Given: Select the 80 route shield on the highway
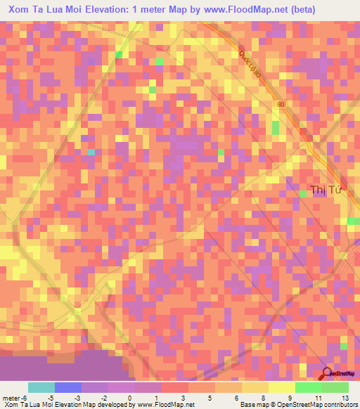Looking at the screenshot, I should (282, 105).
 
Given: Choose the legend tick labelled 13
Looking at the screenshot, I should (345, 398).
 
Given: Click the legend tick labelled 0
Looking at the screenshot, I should (130, 398).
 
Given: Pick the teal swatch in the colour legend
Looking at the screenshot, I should (41, 387).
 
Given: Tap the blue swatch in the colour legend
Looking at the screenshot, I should (68, 387).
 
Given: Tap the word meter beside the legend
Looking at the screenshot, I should (11, 398).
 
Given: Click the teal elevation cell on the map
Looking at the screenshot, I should (91, 152).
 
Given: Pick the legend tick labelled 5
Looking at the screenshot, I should (210, 398).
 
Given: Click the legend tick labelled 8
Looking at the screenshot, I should (264, 398).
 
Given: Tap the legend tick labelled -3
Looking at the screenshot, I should (77, 398).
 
